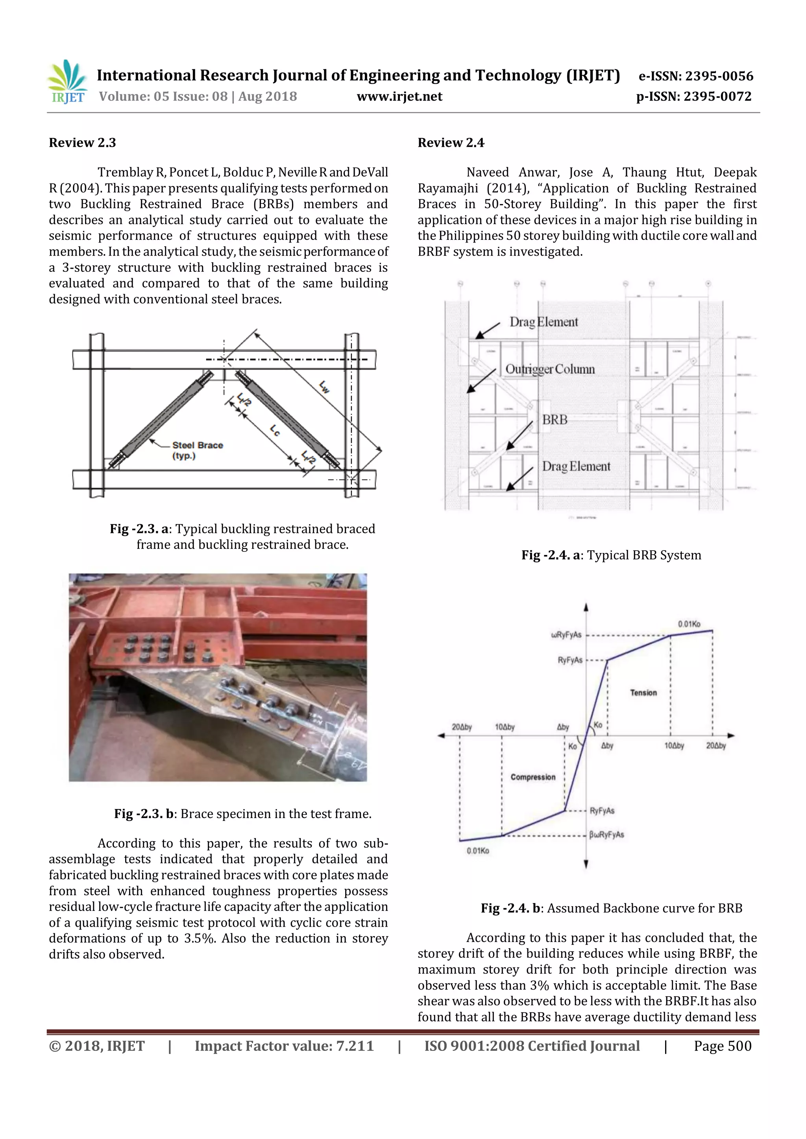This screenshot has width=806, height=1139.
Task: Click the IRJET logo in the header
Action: click(x=68, y=82)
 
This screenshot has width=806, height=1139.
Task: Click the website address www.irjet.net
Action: click(x=399, y=97)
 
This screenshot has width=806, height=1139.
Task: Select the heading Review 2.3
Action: click(x=82, y=143)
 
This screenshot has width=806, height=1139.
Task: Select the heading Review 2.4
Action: click(x=451, y=143)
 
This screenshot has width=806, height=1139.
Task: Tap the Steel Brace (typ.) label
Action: click(x=198, y=450)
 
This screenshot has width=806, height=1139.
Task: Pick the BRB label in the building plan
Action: click(x=555, y=420)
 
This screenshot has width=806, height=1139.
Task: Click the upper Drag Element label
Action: click(x=544, y=323)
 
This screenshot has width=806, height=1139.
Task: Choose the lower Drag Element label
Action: click(x=576, y=467)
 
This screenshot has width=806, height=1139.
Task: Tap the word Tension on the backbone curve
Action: click(x=643, y=693)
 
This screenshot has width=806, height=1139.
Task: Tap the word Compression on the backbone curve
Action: click(x=532, y=777)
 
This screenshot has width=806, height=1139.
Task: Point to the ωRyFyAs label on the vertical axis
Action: click(x=566, y=635)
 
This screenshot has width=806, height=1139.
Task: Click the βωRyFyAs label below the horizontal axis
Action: click(x=606, y=835)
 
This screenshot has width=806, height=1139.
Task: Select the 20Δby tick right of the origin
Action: click(x=715, y=746)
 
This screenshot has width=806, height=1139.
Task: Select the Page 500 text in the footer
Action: click(x=722, y=1046)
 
